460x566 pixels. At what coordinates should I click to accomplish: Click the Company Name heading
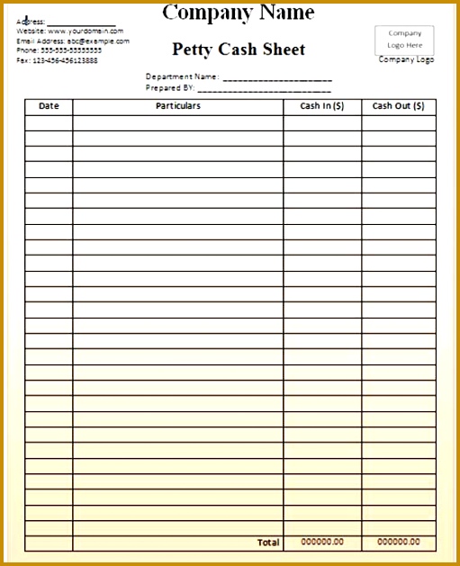tap(239, 13)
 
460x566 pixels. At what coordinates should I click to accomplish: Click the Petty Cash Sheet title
tap(239, 49)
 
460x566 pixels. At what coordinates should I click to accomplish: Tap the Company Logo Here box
tap(404, 39)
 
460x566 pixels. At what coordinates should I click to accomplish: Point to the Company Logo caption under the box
tap(406, 60)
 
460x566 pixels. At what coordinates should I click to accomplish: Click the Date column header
tap(49, 106)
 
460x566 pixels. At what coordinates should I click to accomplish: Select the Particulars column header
tap(178, 106)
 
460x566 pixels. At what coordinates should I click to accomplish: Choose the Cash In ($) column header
tap(322, 106)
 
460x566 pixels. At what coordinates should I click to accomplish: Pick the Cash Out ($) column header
tap(399, 106)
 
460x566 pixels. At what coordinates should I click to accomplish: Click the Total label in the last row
tap(268, 543)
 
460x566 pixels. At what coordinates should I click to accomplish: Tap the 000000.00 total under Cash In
tap(322, 542)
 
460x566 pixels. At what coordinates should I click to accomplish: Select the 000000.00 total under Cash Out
tap(399, 542)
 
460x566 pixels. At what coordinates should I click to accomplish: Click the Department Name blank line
tap(277, 78)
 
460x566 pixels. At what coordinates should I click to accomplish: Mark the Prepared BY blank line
tap(265, 89)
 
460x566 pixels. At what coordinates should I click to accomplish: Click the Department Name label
tap(182, 76)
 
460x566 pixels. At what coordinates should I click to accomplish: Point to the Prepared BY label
tap(170, 88)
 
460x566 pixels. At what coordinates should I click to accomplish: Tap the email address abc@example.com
tap(98, 40)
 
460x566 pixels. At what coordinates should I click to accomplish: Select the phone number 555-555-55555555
tap(71, 50)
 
